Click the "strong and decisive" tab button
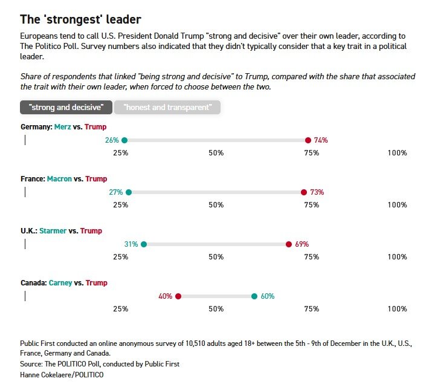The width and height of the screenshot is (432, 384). (x=66, y=108)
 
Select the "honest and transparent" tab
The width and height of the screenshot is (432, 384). (x=167, y=108)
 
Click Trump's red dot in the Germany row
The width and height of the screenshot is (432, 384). (x=308, y=140)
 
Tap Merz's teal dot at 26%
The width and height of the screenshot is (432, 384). (x=124, y=140)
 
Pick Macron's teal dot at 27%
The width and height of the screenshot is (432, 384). (x=129, y=192)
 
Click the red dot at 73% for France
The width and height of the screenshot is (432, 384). (x=304, y=192)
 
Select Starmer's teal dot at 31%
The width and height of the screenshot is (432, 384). (x=144, y=244)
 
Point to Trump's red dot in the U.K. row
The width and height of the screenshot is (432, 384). (x=289, y=244)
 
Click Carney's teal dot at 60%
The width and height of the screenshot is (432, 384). (x=254, y=296)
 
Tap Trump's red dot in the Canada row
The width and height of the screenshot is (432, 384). (x=178, y=296)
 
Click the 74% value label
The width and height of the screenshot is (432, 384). (x=321, y=140)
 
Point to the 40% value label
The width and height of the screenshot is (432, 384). (x=166, y=296)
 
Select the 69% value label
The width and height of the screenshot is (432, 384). (x=301, y=244)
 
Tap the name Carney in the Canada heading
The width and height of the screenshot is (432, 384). (x=60, y=283)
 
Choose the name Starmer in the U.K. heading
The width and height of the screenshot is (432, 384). (x=53, y=231)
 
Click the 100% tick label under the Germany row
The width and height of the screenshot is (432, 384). (x=397, y=153)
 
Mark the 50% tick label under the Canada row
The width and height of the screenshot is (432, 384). (x=216, y=309)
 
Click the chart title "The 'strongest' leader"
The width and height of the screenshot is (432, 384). (x=81, y=19)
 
